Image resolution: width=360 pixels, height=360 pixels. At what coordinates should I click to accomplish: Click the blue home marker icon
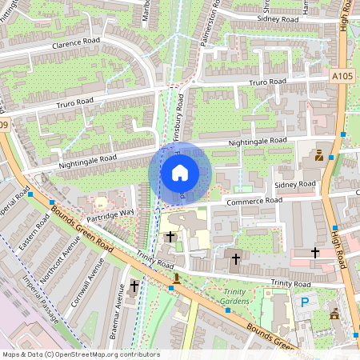180,173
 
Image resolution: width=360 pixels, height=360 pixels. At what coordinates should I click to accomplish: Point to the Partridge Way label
110,214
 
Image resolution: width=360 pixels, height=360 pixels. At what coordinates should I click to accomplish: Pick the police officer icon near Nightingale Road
318,155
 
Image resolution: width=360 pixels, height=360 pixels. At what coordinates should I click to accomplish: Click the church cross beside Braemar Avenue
134,285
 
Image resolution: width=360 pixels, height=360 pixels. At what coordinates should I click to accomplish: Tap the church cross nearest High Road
314,252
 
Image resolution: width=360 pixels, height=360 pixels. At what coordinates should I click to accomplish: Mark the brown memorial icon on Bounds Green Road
176,278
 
